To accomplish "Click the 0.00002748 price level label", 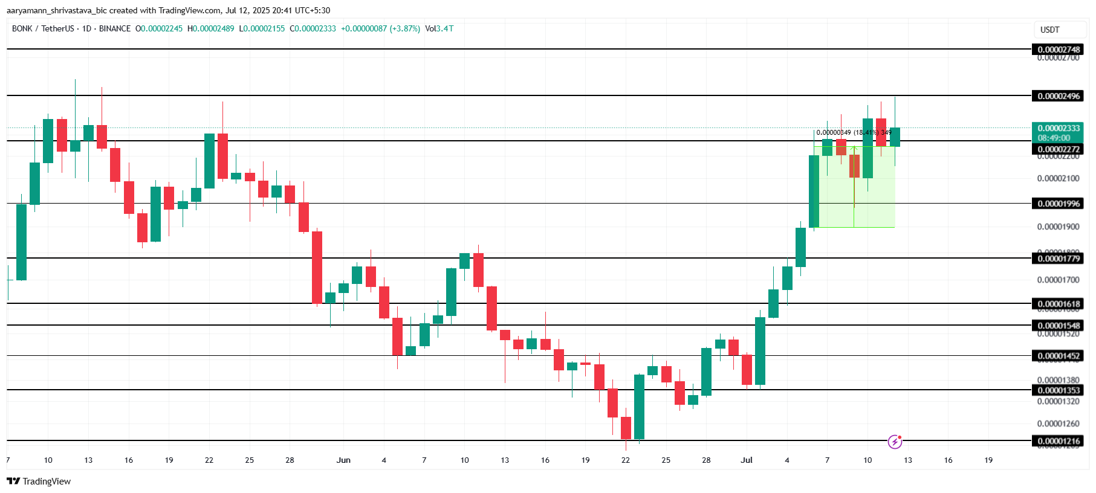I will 1059,50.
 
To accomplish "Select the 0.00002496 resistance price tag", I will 1059,96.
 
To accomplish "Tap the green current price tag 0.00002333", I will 1059,128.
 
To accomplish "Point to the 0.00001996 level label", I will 1059,204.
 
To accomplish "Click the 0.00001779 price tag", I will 1059,259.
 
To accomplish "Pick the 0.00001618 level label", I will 1059,304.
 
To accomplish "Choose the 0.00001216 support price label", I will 1059,441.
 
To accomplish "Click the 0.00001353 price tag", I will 1059,390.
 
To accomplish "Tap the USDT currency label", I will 1049,30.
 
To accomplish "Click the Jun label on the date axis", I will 343,460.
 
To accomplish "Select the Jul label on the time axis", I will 747,460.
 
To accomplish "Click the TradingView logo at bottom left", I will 39,482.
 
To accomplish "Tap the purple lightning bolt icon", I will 895,442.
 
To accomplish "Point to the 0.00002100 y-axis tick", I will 1058,178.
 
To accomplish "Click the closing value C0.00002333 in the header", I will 313,28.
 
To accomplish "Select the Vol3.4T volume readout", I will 439,28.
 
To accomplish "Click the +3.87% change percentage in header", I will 406,28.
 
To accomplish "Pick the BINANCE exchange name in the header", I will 115,28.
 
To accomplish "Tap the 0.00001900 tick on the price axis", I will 1058,227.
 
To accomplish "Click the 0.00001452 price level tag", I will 1059,356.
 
